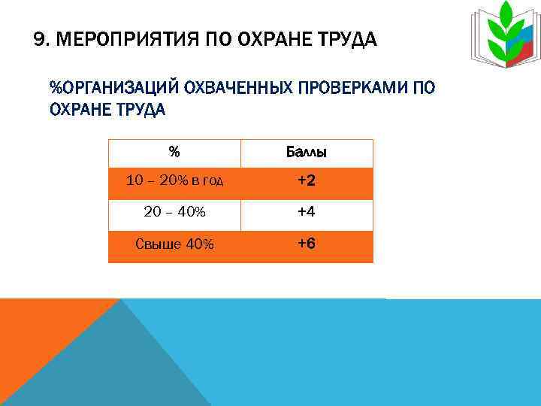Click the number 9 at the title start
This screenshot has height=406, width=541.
click(39, 39)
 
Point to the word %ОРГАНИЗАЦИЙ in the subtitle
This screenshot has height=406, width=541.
click(113, 89)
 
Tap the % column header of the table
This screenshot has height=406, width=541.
click(174, 153)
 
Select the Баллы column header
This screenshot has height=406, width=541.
click(306, 153)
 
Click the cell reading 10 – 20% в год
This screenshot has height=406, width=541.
click(174, 182)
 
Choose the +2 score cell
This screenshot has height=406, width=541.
click(306, 182)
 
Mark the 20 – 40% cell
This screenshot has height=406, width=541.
click(174, 213)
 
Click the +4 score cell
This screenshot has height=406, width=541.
click(306, 213)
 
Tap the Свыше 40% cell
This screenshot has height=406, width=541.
click(174, 244)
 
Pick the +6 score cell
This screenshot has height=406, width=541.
click(306, 244)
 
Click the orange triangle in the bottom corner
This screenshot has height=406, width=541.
click(38, 338)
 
